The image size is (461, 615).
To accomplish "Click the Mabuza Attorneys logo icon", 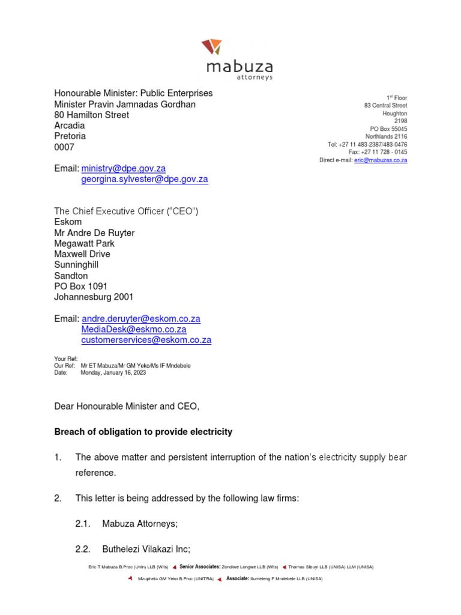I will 212,46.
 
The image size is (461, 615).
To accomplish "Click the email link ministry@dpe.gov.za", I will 123,169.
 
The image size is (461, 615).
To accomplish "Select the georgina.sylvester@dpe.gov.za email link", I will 145,180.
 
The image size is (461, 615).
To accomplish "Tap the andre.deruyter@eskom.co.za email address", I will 141,319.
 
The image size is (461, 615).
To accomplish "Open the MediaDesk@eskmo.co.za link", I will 134,330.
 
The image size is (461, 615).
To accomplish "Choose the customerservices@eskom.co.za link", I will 146,340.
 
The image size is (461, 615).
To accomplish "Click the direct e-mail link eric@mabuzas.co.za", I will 381,160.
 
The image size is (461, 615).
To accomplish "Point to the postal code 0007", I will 64,147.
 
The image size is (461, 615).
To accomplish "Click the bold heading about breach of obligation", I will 143,432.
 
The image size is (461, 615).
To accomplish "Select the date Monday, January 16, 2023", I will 113,372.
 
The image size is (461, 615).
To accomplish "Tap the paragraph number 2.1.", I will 83,524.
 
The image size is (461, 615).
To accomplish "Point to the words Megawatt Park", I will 84,244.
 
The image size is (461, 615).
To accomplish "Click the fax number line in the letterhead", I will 378,152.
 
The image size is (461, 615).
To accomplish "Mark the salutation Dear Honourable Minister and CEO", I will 127,407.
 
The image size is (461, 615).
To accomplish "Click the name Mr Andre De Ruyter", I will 94,233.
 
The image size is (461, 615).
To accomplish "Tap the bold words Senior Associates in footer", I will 200,566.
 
